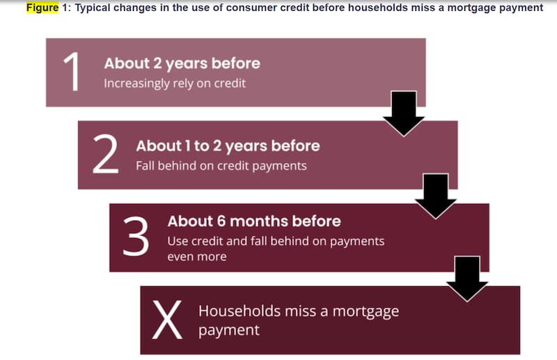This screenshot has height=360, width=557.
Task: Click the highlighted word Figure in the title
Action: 42,8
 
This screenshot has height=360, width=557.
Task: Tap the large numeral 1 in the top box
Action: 72,72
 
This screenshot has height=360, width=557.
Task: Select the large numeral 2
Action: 105,154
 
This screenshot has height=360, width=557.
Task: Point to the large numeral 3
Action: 136,236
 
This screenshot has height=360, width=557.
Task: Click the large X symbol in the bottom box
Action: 167,319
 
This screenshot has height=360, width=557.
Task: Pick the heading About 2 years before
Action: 182,63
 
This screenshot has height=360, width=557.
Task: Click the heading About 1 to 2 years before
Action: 228,146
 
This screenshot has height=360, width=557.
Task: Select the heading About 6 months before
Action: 254,221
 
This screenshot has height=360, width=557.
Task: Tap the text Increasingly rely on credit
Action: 175,83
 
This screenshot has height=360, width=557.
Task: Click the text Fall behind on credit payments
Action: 221,166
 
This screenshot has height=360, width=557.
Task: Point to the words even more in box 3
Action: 197,256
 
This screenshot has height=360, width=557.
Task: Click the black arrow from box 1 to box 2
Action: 404,114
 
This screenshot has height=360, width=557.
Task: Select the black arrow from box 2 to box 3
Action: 436,196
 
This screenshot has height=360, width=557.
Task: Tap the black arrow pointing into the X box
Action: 467,279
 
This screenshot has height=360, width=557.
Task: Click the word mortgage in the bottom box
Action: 366,312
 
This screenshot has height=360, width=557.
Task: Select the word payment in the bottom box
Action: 229,331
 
